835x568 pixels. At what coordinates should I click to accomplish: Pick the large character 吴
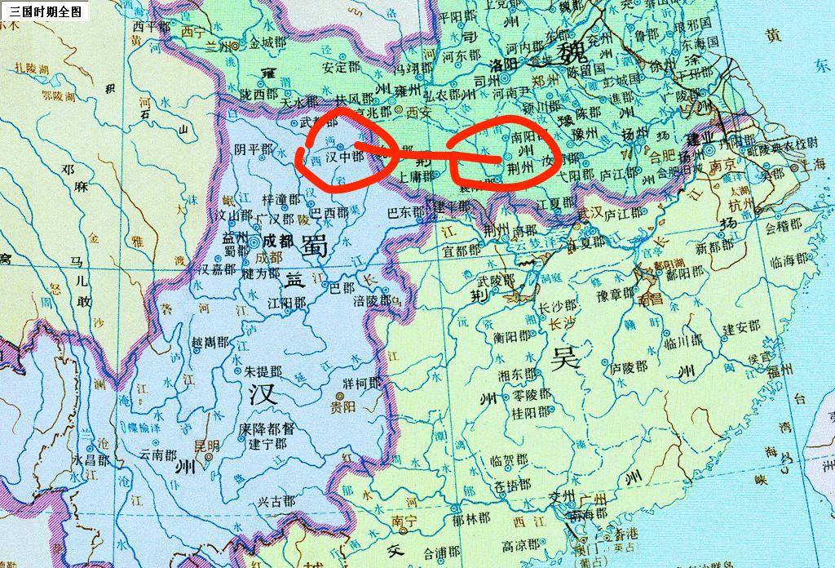tap(564, 358)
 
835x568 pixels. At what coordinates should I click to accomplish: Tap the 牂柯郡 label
tap(361, 383)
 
